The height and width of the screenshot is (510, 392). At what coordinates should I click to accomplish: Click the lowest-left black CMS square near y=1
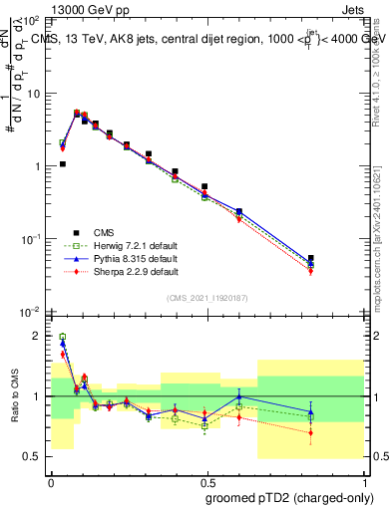(63, 164)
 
